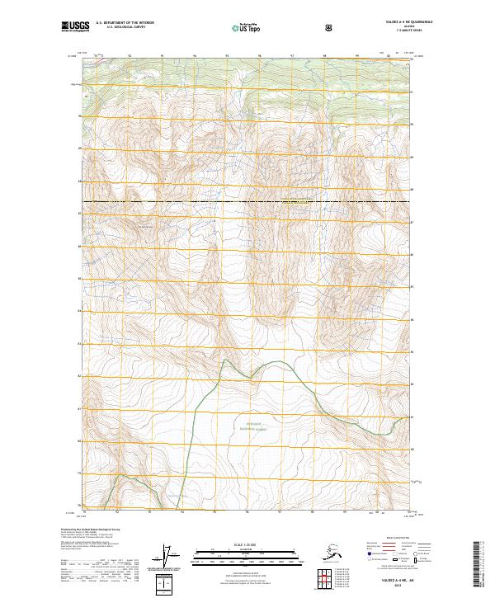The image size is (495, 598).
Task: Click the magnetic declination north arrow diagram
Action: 169,558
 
